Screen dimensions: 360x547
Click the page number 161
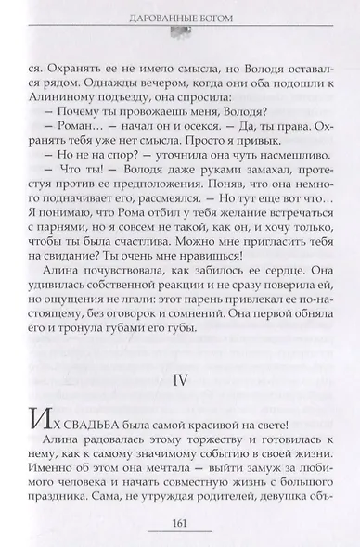[179, 528]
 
